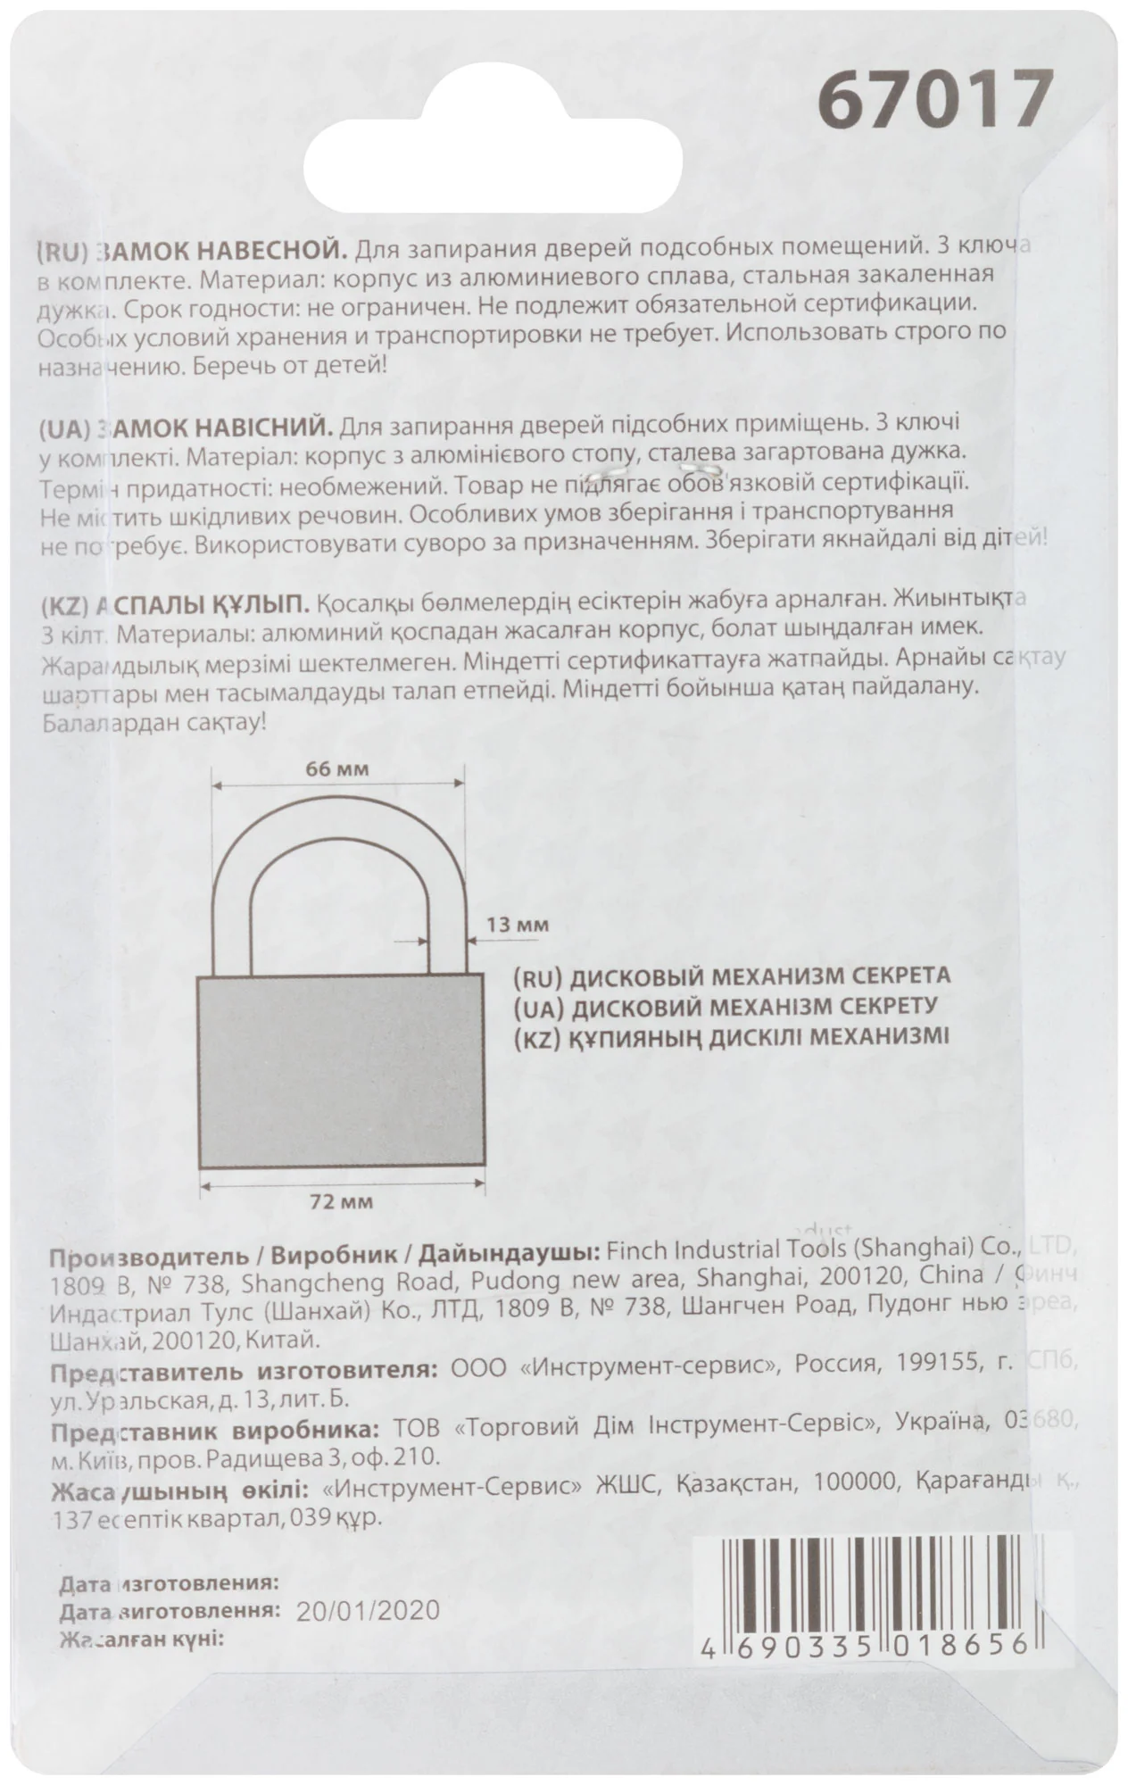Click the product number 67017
click(x=935, y=98)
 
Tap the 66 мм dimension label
click(x=337, y=769)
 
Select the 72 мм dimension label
click(x=341, y=1201)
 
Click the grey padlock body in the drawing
click(x=341, y=1071)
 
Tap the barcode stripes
click(x=873, y=1580)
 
